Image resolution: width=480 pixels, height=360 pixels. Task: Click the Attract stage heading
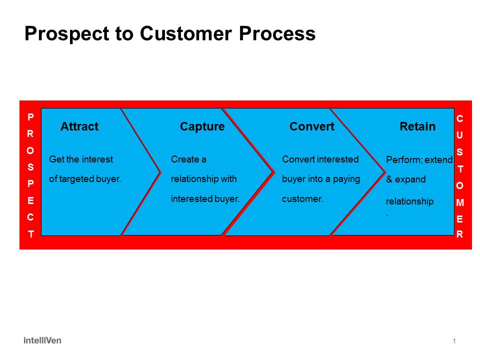(79, 127)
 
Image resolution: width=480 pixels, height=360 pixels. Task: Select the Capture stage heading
(202, 127)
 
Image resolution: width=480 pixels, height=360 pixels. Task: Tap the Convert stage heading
(311, 127)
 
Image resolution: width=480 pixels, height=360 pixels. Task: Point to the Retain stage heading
(417, 127)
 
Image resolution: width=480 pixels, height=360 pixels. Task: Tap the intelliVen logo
(42, 340)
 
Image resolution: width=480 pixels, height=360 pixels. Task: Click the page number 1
(454, 341)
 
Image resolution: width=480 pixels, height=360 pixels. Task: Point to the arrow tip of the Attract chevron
(159, 172)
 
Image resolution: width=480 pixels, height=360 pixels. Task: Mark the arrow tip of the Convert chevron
(384, 172)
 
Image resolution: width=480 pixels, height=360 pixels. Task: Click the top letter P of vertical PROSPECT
(30, 117)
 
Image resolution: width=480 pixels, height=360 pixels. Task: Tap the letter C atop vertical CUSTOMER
(460, 118)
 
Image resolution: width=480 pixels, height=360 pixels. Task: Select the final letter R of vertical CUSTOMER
(460, 234)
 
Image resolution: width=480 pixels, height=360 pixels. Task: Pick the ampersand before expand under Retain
(389, 179)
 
